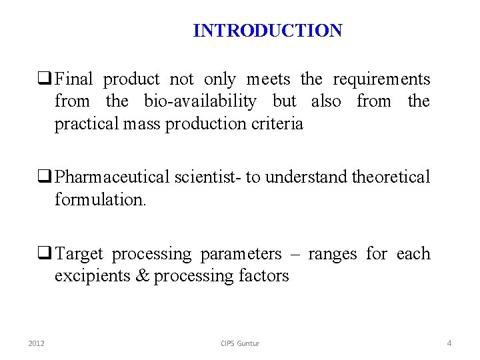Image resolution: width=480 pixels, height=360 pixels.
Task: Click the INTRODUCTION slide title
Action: pyautogui.click(x=267, y=31)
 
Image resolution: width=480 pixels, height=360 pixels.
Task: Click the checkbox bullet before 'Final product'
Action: pyautogui.click(x=47, y=80)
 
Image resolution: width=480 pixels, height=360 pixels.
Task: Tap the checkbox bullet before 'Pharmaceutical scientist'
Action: pyautogui.click(x=47, y=177)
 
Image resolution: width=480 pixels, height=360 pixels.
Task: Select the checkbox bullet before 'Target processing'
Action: pyautogui.click(x=47, y=254)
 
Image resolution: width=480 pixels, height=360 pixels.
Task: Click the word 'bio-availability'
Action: pyautogui.click(x=200, y=101)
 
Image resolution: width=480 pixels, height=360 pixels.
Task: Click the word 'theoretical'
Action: pyautogui.click(x=391, y=177)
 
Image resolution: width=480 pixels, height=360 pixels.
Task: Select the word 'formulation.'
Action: pyautogui.click(x=100, y=199)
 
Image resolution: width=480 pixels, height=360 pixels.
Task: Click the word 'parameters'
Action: pyautogui.click(x=241, y=255)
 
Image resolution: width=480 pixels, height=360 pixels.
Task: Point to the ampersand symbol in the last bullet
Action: pyautogui.click(x=143, y=275)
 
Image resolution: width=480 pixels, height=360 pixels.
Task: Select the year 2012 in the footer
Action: pyautogui.click(x=37, y=343)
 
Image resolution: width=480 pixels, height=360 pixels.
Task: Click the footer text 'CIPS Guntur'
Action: pyautogui.click(x=240, y=343)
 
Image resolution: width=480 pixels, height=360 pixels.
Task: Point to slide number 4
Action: pyautogui.click(x=449, y=343)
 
